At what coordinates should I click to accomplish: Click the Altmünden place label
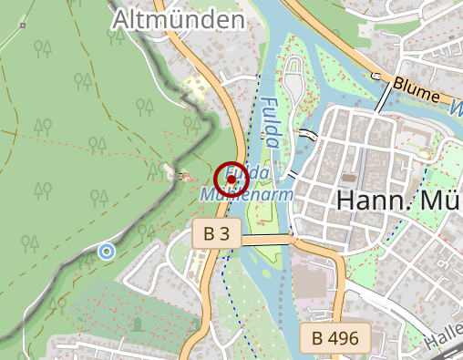pos(178,19)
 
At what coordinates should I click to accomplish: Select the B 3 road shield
pos(217,233)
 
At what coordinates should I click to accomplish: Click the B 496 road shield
pos(334,339)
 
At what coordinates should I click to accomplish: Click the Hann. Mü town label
pos(399,201)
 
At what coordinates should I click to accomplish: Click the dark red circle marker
pos(231,180)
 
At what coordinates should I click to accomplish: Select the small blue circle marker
pos(107,251)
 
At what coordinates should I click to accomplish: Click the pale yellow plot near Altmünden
pos(193,89)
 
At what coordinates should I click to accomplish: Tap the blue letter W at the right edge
pos(456,108)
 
